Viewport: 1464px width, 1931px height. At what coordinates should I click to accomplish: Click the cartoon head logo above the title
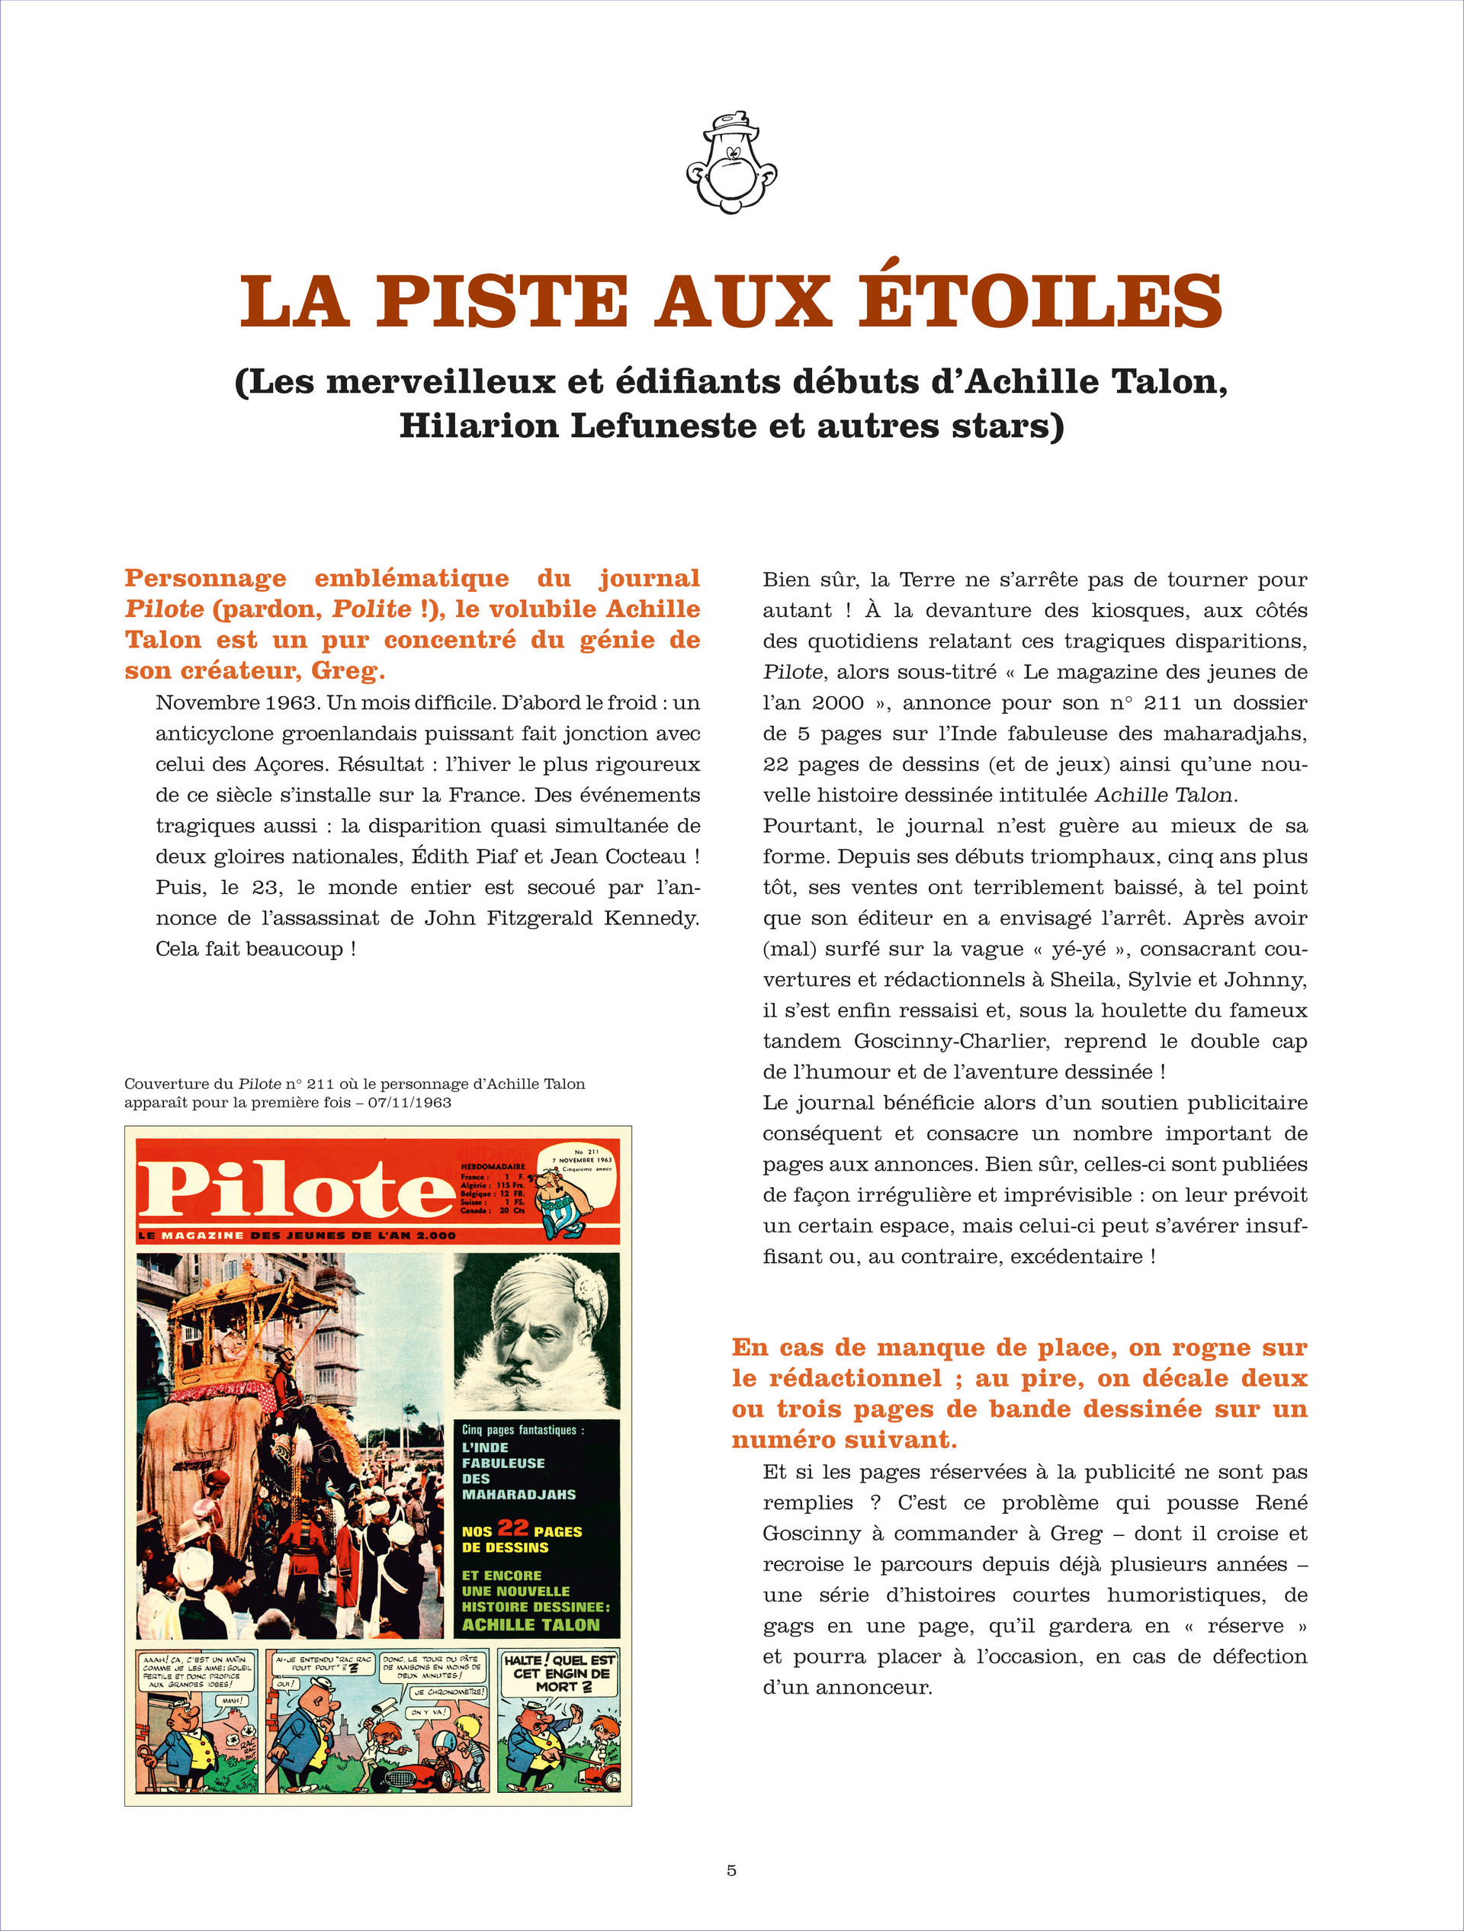click(731, 162)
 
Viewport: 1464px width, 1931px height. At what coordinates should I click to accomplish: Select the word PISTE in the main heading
click(502, 301)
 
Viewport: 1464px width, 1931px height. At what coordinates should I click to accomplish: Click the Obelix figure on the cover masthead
click(563, 1201)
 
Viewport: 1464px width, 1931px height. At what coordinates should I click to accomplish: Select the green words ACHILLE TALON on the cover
click(531, 1624)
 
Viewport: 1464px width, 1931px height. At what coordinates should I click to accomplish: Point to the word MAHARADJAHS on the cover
click(518, 1495)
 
